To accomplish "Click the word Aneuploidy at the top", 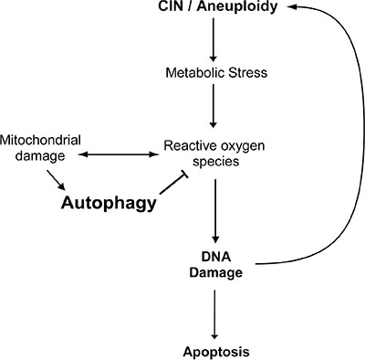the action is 237,7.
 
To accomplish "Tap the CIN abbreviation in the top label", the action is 171,6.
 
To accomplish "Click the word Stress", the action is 248,73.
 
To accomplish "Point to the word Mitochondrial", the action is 40,140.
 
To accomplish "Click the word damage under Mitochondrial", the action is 40,156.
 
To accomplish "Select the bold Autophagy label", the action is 109,203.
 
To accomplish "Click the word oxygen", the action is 243,147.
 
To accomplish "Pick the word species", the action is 216,161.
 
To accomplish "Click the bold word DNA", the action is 216,257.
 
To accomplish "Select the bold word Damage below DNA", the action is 216,272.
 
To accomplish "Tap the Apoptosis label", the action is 216,352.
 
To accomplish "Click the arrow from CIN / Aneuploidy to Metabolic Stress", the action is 214,39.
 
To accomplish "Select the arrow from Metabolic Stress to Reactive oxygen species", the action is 214,106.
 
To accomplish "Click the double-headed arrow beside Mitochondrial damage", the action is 119,154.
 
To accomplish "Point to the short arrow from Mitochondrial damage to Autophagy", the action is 57,180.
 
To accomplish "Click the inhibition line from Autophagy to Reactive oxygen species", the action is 174,184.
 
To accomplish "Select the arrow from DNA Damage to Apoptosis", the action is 214,314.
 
